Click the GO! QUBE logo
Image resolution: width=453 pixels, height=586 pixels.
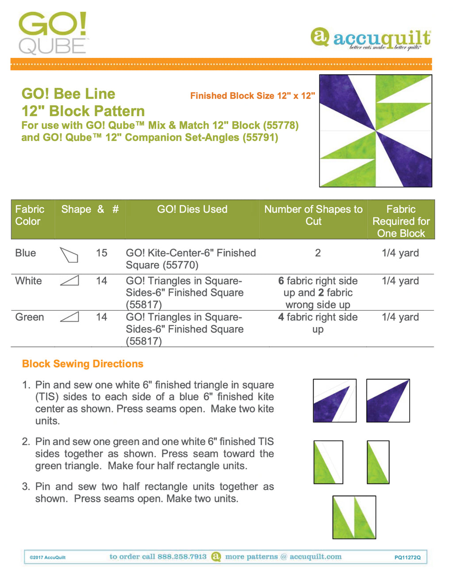coord(53,33)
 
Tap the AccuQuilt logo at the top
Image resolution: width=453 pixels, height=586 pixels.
coord(371,39)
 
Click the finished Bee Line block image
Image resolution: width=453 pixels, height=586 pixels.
coord(376,131)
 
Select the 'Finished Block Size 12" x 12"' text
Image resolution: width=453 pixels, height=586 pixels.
coord(252,96)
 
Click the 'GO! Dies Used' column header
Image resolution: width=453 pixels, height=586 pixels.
coord(192,209)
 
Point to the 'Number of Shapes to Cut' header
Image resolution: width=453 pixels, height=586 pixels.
coord(313,215)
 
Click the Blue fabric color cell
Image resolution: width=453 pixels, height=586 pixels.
coord(26,253)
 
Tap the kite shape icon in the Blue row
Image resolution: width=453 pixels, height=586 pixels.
coord(69,255)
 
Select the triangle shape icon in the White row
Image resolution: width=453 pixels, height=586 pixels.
coord(69,280)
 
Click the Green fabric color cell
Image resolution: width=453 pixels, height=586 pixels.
coord(30,317)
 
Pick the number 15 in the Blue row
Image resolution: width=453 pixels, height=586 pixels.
coord(102,253)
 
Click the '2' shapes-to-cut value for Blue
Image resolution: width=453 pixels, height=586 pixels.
coord(318,253)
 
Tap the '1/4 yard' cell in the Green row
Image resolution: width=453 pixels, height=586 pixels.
coord(400,317)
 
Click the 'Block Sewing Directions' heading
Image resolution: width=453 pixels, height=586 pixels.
coord(83,364)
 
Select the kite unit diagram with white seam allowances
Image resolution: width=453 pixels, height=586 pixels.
coord(334,400)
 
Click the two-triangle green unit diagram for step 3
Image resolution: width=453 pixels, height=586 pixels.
coord(354,517)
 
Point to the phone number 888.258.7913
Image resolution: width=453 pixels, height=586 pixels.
coord(182,557)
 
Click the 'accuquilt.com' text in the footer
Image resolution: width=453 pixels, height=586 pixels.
coord(315,557)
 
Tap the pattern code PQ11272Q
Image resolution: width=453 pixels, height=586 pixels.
coord(407,558)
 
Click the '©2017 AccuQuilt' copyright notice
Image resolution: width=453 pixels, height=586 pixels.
coord(48,558)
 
